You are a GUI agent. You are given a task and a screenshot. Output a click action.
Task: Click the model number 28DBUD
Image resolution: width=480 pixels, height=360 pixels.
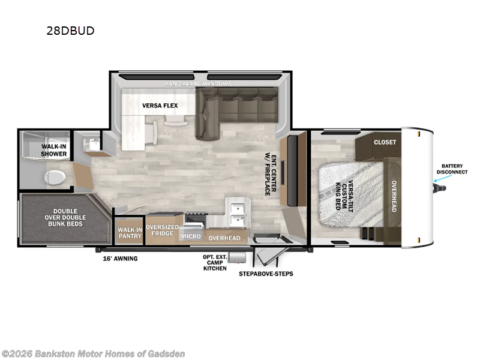(70, 31)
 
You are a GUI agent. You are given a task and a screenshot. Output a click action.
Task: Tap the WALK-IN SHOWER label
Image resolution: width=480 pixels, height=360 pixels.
(54, 150)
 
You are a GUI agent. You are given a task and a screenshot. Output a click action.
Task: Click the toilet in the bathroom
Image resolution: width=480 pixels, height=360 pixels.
(55, 177)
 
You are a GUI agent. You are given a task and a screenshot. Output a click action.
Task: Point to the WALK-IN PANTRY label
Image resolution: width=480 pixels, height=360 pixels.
(130, 233)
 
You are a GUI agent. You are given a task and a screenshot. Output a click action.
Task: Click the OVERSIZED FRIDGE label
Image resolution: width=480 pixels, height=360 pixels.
(162, 230)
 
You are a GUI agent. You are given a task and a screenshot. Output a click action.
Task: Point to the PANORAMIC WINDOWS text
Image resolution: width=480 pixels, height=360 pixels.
(199, 83)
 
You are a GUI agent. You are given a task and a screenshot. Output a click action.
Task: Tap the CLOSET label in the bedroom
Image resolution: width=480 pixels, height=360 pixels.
(385, 142)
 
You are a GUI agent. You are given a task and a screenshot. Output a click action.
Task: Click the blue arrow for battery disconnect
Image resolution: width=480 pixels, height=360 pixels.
(439, 178)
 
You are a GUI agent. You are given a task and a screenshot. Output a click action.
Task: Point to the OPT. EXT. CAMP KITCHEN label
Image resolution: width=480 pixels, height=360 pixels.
(214, 262)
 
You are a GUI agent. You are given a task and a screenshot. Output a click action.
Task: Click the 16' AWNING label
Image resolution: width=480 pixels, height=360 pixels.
(120, 259)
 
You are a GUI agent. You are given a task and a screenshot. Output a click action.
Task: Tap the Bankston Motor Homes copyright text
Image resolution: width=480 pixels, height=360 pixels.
(93, 353)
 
